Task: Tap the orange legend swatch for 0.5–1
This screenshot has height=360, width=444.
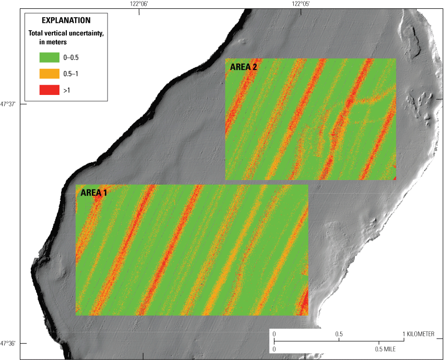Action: (x=49, y=74)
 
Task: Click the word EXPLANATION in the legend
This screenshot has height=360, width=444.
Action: (x=66, y=21)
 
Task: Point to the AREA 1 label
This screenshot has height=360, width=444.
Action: (x=94, y=193)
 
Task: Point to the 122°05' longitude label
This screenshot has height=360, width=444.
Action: (x=302, y=4)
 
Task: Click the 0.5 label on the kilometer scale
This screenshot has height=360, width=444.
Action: (x=339, y=334)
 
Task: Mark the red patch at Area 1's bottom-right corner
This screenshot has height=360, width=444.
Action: (x=304, y=305)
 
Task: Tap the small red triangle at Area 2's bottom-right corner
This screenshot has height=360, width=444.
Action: (x=394, y=178)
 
